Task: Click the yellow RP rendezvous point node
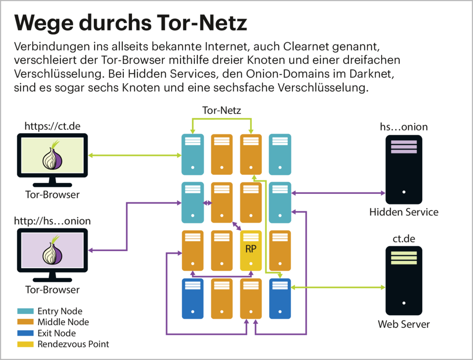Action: (251, 250)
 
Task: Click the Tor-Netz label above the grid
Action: (222, 110)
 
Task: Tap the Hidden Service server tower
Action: (404, 169)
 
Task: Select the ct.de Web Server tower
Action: (404, 281)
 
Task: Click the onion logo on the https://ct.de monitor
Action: (52, 156)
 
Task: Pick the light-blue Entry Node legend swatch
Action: (25, 312)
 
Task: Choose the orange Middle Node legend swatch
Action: (25, 322)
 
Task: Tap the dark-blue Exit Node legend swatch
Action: (25, 333)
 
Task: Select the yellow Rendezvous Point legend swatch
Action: (25, 344)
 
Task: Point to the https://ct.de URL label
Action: (52, 126)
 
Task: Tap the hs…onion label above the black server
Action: (403, 126)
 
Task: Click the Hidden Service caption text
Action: (404, 212)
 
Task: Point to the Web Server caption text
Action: (404, 324)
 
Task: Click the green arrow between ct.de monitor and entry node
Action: (134, 156)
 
